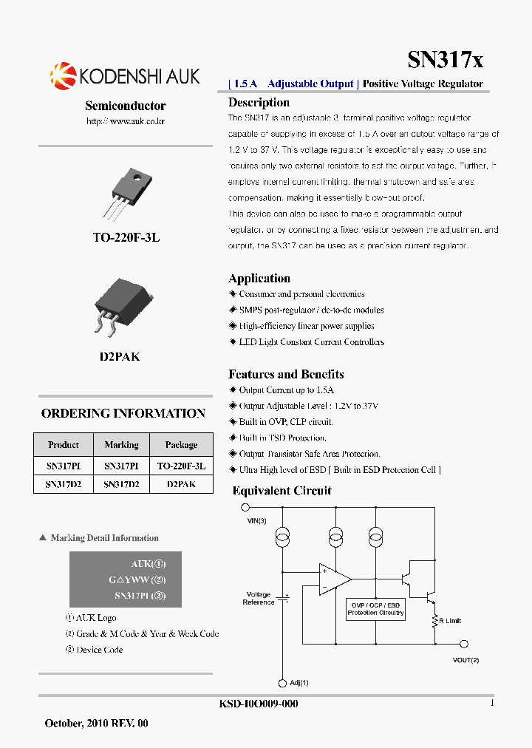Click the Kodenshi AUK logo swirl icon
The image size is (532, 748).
63,75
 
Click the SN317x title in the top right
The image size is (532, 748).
445,60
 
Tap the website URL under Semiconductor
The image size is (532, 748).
126,120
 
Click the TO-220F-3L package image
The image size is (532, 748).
126,191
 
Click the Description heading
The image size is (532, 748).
259,103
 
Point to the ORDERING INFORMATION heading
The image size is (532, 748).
123,413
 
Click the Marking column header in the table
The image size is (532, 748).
121,445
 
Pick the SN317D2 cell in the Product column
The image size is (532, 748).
64,484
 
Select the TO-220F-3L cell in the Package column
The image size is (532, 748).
181,466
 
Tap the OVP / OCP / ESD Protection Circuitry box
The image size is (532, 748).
375,608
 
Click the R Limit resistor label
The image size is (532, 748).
450,621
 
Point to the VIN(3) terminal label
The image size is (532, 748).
257,521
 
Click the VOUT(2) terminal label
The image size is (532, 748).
465,659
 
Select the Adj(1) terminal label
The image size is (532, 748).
299,683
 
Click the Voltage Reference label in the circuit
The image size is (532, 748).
259,598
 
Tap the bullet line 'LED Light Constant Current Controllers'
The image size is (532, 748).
311,342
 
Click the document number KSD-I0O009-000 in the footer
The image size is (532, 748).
259,704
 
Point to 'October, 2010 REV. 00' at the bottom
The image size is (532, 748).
97,723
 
